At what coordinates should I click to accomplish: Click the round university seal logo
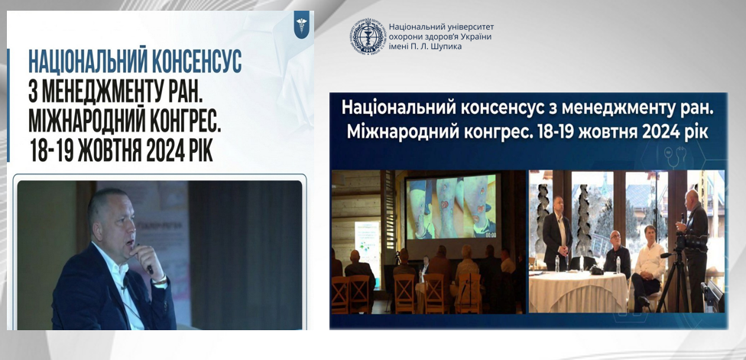point(368,36)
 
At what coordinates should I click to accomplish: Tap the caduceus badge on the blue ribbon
point(302,24)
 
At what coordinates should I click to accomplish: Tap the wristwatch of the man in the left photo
point(161,281)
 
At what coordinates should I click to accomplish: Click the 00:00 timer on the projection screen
point(491,235)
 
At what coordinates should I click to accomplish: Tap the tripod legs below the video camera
point(673,284)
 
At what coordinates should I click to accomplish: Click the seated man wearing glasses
point(617,255)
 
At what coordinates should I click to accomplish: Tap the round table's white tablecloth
point(578,291)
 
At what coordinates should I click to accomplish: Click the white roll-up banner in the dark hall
point(368,248)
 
